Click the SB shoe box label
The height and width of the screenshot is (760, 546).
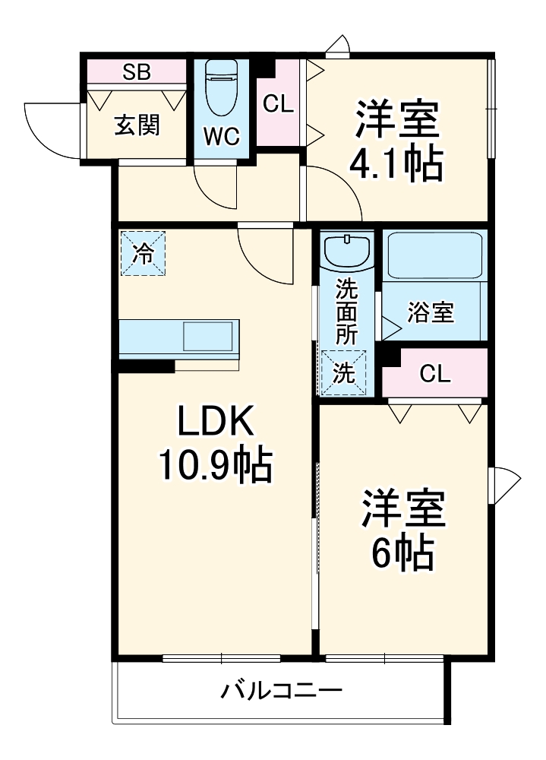(x=136, y=72)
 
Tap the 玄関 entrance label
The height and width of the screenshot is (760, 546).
(x=137, y=125)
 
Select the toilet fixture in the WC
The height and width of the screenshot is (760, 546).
(x=221, y=87)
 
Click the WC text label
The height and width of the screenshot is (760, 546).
(x=222, y=137)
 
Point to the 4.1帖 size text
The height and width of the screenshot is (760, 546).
(x=396, y=164)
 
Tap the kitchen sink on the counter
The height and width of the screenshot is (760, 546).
(x=207, y=337)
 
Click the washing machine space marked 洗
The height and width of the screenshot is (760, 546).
(x=343, y=372)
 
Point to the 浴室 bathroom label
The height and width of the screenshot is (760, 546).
(x=431, y=312)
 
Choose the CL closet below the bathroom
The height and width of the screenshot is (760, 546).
(x=435, y=373)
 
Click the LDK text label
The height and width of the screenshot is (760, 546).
(x=216, y=421)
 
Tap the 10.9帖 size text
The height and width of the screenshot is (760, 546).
(x=216, y=465)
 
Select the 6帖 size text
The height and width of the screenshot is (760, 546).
(x=402, y=552)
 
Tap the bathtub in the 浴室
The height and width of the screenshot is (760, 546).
(x=434, y=256)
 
